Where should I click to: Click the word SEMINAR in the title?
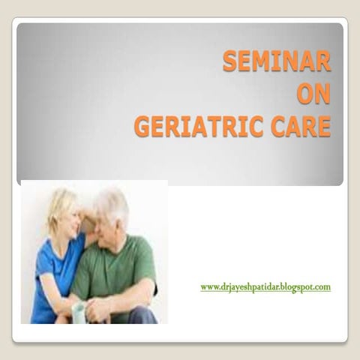[276, 61]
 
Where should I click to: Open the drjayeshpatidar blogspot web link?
[265, 286]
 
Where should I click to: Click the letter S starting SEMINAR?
[230, 61]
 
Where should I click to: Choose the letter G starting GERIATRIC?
[142, 126]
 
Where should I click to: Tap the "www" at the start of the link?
[210, 286]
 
